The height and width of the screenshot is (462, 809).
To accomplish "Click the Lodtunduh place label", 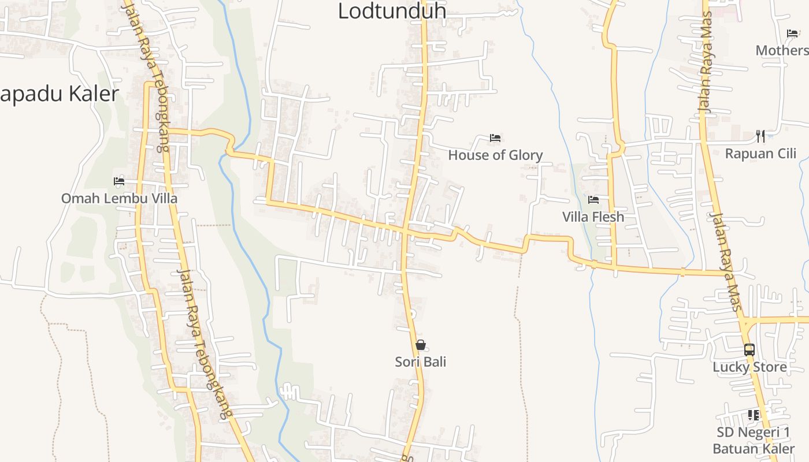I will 391,10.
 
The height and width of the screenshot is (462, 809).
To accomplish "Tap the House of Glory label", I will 495,155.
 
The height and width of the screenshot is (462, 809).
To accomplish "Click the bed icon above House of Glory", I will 495,137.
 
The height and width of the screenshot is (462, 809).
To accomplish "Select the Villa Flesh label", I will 593,217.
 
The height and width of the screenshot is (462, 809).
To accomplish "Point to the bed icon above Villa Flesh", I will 593,200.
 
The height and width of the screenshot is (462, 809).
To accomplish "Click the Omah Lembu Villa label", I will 119,198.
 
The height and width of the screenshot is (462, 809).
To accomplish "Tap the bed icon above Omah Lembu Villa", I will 119,181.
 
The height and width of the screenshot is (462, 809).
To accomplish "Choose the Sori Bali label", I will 421,362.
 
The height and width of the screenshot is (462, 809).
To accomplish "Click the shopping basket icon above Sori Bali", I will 421,345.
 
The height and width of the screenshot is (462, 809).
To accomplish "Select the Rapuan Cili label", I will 760,154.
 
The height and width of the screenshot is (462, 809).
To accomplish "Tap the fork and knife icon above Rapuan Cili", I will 760,136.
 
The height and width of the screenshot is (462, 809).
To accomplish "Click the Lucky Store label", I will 749,367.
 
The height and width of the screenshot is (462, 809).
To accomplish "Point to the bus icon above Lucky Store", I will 749,350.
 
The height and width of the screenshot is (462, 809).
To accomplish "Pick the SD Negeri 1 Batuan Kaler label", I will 754,441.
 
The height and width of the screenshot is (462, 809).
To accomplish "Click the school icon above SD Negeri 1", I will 754,415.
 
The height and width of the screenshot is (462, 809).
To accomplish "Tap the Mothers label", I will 781,50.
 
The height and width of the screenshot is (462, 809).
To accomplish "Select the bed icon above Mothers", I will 792,33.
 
